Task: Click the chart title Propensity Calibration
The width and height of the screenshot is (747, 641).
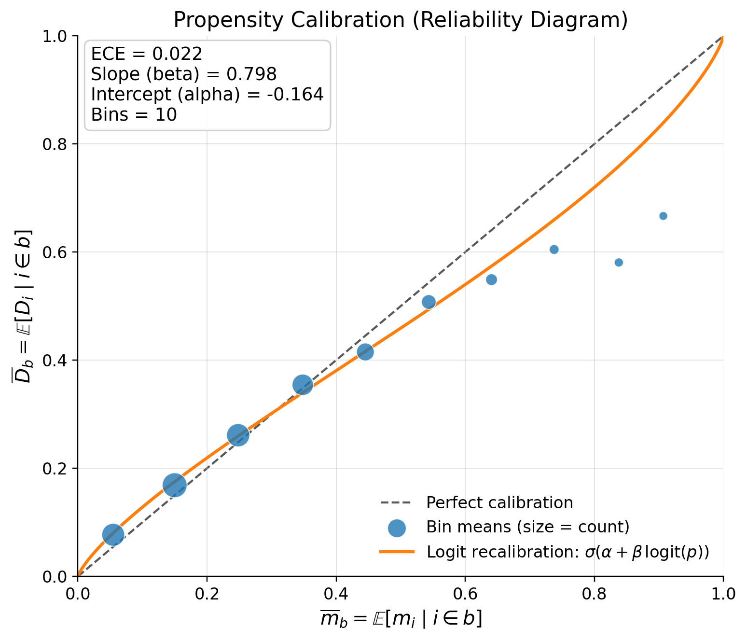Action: pos(400,20)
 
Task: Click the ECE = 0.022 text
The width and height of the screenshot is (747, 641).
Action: pos(146,54)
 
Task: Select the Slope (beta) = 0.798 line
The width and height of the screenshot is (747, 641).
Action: pos(183,74)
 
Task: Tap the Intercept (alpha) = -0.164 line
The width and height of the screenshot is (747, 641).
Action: pos(207,95)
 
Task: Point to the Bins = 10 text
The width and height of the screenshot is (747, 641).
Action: pos(134,115)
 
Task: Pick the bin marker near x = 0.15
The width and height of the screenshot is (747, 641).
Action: pos(175,485)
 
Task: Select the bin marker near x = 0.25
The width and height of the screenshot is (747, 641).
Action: pos(238,435)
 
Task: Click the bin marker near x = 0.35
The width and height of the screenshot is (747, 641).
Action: pos(303,385)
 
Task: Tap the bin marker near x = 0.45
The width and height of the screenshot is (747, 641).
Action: pos(365,352)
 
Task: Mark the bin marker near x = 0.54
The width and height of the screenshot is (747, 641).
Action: pos(429,302)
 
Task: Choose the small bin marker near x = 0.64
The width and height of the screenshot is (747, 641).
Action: pos(491,279)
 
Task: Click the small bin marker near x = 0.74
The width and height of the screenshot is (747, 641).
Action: pos(554,250)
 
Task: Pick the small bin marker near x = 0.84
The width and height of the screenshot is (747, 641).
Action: pos(619,263)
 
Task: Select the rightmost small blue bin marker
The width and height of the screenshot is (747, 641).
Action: pos(663,216)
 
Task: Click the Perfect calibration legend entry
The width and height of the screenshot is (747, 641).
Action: pos(499,503)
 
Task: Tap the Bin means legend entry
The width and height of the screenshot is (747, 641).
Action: pos(527,527)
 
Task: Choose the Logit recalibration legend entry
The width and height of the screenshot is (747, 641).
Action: pos(567,552)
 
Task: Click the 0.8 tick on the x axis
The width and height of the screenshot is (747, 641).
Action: pos(594,593)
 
